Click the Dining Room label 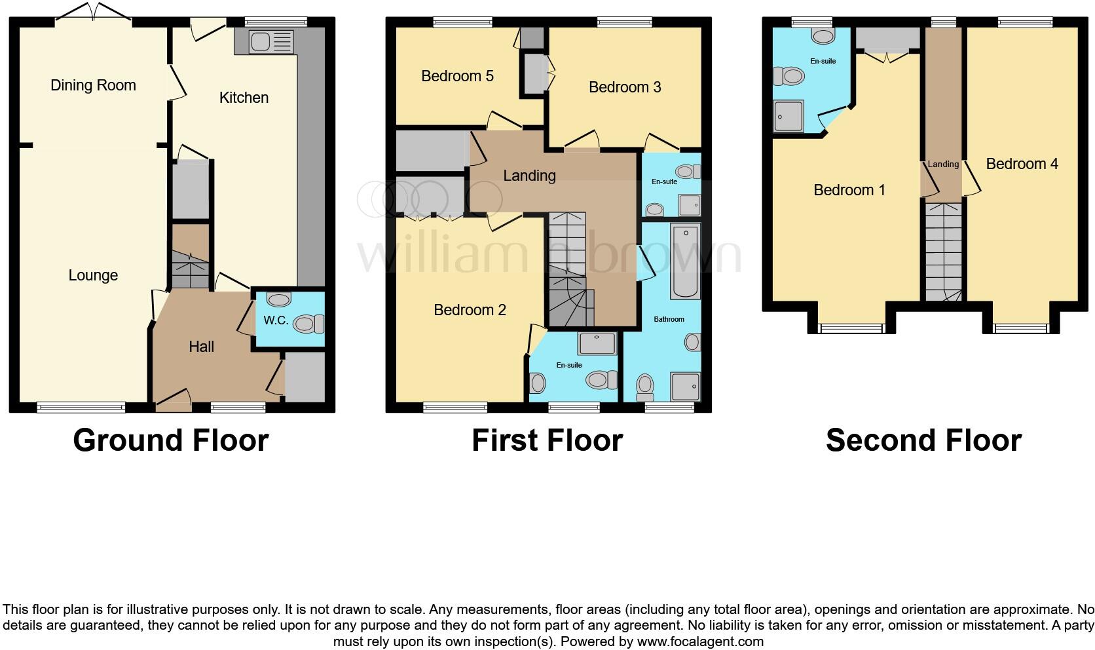pos(93,85)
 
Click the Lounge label pos(93,275)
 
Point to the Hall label pos(201,347)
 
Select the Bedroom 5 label pos(457,76)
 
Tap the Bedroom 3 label pos(625,87)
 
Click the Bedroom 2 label pos(470,310)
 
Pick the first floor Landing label pos(529,176)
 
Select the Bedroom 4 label pos(1022,164)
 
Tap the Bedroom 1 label pos(849,190)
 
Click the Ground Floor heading pos(171,440)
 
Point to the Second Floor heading pos(923,440)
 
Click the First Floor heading pos(547,440)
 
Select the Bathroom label pos(669,319)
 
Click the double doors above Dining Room pos(93,12)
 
